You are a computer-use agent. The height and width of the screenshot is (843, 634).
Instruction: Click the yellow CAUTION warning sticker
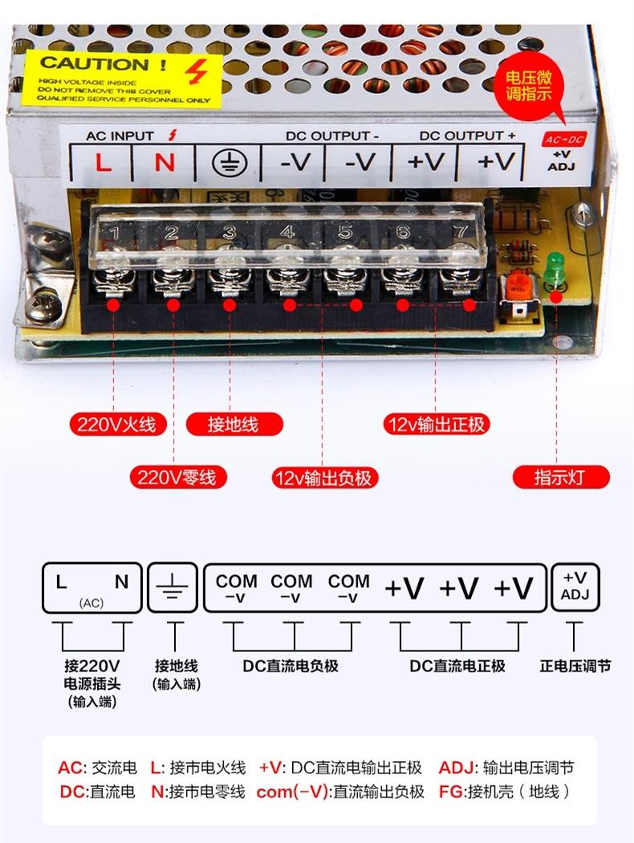[120, 77]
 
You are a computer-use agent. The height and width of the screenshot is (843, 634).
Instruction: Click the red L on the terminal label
[103, 163]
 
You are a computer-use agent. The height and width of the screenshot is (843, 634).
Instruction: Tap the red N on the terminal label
[165, 163]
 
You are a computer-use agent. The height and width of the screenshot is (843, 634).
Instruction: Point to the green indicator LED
[552, 271]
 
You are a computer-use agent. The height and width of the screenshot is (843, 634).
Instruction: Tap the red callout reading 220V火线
[116, 424]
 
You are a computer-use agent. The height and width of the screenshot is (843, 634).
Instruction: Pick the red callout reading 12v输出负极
[323, 478]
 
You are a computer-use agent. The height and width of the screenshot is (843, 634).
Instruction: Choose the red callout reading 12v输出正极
[436, 424]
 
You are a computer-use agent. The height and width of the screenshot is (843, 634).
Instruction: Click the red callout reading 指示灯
[560, 478]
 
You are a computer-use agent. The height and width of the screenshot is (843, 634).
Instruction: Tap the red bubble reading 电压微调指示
[527, 86]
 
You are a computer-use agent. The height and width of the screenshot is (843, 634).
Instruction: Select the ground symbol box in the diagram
[173, 588]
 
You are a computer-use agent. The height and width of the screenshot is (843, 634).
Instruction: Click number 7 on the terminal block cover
[461, 232]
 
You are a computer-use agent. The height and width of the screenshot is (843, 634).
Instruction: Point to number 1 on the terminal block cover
[115, 233]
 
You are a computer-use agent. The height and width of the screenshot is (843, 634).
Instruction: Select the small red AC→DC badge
[565, 140]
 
